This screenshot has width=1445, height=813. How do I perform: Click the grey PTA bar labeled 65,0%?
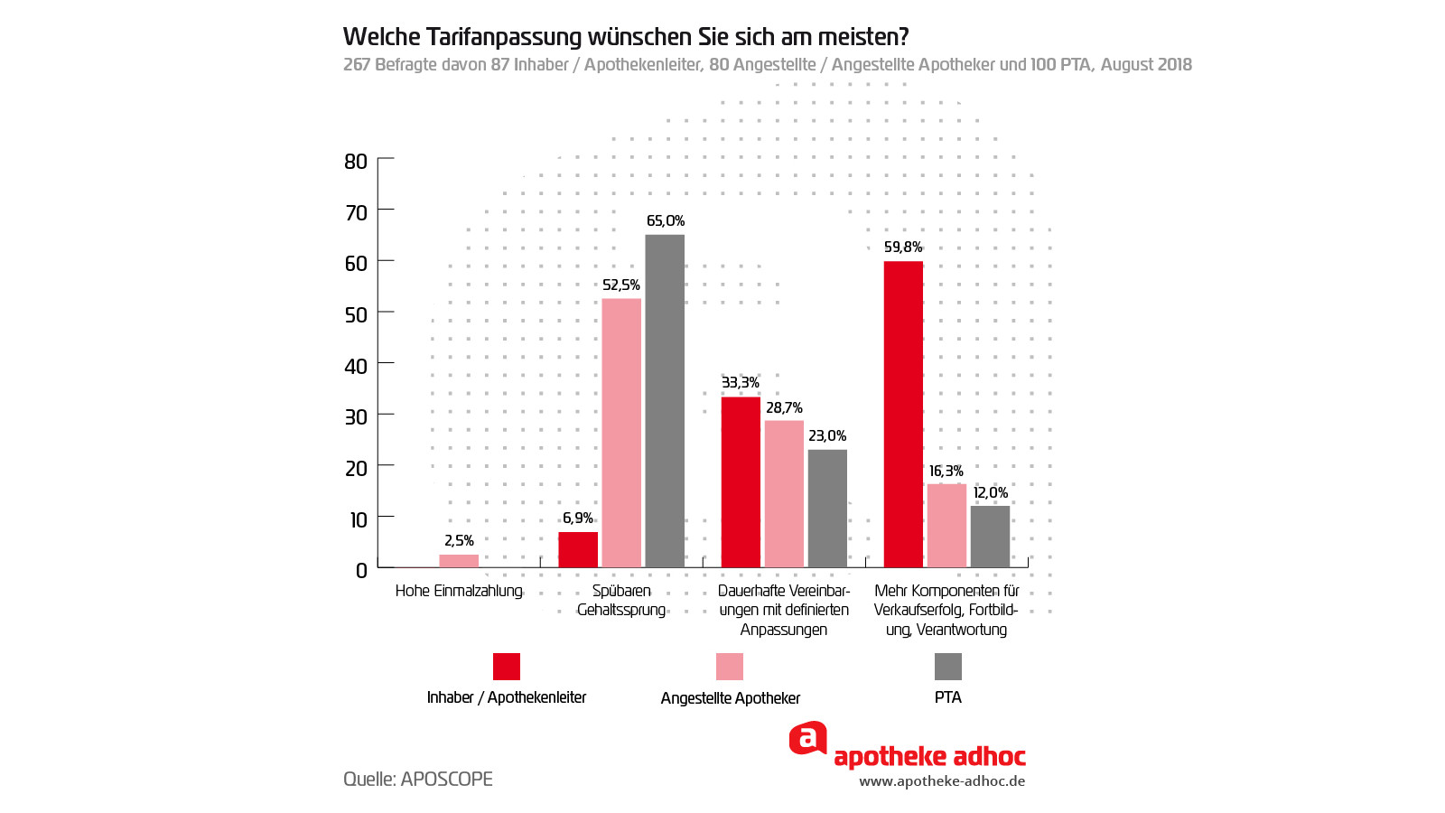665,401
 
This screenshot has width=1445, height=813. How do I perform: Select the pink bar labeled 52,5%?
621,433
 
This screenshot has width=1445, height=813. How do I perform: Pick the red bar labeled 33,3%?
741,482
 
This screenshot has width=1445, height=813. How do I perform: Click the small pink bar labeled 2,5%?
459,561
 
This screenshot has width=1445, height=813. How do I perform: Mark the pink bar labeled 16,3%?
946,526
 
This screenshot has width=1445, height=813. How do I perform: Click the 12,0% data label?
991,493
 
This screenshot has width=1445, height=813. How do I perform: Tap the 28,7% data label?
784,408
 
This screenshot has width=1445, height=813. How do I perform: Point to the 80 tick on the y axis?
356,162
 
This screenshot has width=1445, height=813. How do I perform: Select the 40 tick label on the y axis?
356,366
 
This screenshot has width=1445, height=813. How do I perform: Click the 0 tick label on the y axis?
361,570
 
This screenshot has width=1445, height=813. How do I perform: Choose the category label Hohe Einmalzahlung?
459,591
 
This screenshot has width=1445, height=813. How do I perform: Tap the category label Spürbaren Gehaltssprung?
621,601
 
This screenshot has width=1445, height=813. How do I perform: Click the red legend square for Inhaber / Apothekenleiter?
507,667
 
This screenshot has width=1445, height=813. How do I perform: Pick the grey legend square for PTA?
948,667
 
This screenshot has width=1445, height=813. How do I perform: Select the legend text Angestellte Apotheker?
731,698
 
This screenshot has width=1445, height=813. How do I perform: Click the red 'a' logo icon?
807,738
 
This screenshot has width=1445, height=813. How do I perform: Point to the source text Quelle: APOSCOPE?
418,779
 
